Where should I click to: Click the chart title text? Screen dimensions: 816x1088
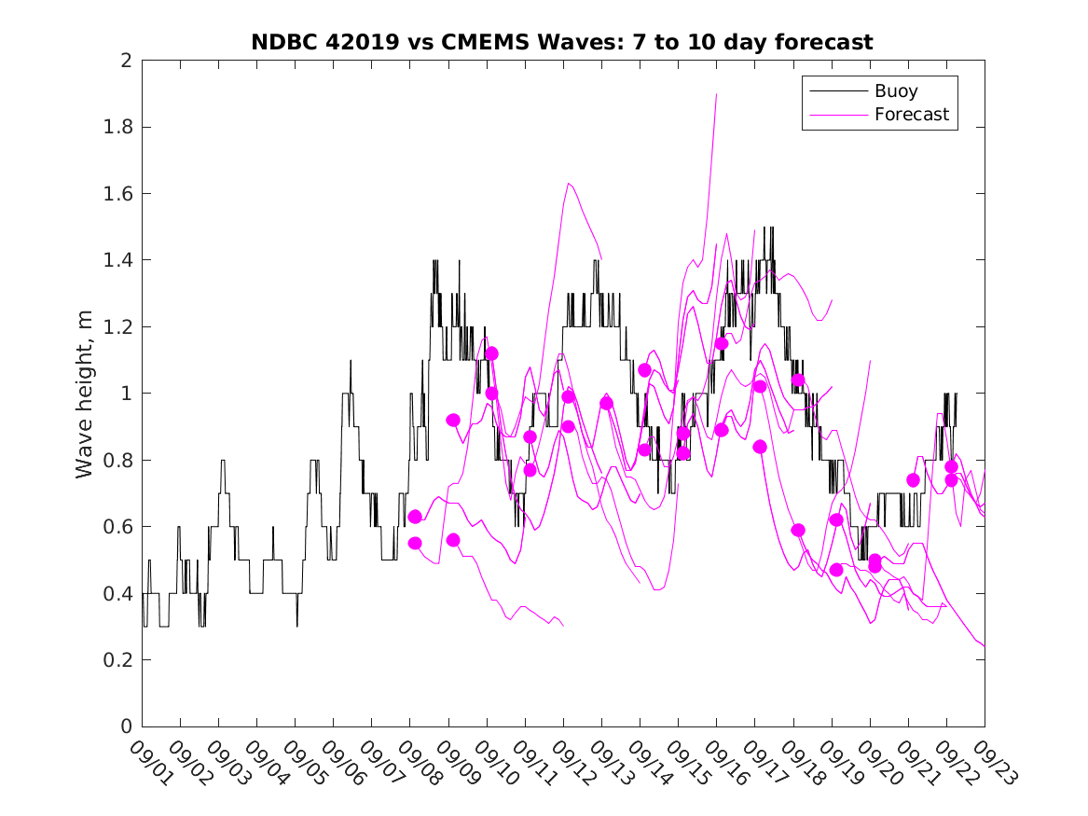pyautogui.click(x=562, y=42)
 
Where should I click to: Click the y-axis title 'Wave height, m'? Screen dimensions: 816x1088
pyautogui.click(x=85, y=394)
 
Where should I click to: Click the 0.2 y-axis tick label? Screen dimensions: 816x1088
pyautogui.click(x=118, y=659)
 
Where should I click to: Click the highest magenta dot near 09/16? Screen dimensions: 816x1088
pyautogui.click(x=722, y=343)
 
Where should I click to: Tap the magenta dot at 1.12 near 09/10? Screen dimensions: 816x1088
pyautogui.click(x=491, y=353)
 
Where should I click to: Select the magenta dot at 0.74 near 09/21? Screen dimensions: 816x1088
pyautogui.click(x=913, y=480)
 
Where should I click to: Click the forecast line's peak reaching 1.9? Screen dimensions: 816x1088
pyautogui.click(x=716, y=94)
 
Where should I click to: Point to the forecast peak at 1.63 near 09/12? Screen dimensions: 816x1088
pyautogui.click(x=568, y=184)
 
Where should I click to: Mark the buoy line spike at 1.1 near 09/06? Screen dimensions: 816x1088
pyautogui.click(x=351, y=360)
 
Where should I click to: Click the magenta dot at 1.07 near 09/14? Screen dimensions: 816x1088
pyautogui.click(x=644, y=370)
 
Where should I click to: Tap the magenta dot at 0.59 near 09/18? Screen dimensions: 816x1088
pyautogui.click(x=798, y=530)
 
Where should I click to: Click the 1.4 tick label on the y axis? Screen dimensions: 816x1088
pyautogui.click(x=118, y=260)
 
